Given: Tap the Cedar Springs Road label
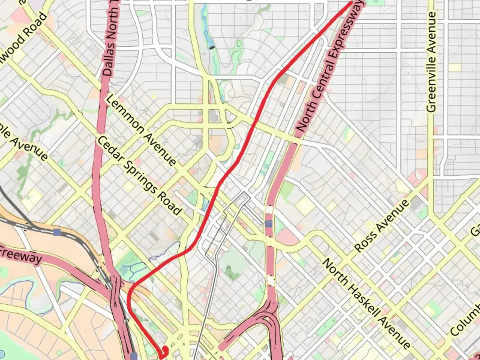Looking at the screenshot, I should (140, 175).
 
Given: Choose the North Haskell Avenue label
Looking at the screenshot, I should (366, 304).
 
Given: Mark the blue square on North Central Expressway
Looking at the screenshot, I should (269, 224).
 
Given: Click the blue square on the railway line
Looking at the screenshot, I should (57, 232).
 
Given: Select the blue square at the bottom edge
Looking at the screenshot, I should (134, 356).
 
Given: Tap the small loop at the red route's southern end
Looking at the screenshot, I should (165, 351).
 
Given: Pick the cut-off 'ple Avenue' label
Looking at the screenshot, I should (23, 143).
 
